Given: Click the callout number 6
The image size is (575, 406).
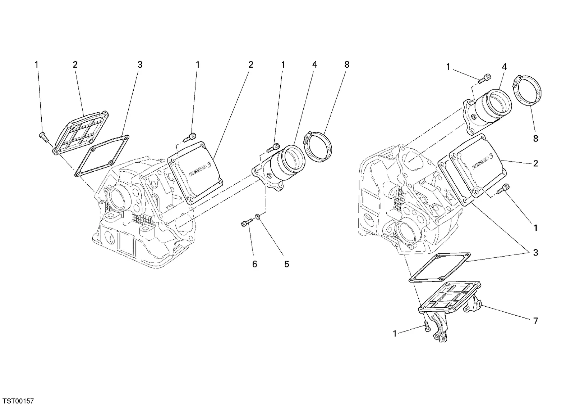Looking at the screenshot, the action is click(x=254, y=264).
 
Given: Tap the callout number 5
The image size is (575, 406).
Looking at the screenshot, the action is click(x=286, y=264).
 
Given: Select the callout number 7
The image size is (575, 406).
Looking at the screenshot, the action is click(x=535, y=321).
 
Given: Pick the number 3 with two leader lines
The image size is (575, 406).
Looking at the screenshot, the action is click(x=535, y=253).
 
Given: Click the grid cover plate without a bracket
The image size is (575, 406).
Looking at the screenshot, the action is click(x=81, y=134).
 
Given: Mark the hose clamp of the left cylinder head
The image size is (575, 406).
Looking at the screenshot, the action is click(x=318, y=146).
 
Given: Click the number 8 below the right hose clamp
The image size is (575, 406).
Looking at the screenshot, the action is click(x=535, y=139).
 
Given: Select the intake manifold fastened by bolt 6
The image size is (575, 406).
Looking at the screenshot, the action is click(x=279, y=167).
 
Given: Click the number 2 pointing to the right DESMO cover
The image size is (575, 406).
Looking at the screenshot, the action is click(x=535, y=163).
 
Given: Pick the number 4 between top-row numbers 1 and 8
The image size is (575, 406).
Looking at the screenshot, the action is click(x=315, y=64).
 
